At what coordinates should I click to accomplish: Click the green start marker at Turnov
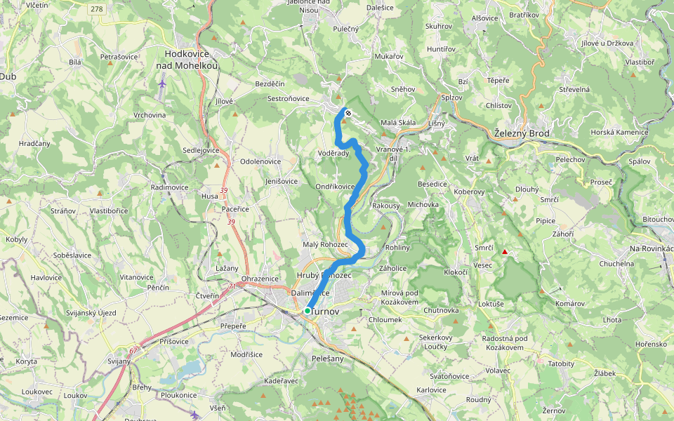pyautogui.click(x=308, y=310)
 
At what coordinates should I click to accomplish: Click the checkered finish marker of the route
pyautogui.click(x=348, y=112)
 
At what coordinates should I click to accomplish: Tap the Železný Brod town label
pyautogui.click(x=524, y=133)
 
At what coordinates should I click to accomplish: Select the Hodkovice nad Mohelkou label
pyautogui.click(x=191, y=59)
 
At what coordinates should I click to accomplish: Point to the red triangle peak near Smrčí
pyautogui.click(x=504, y=251)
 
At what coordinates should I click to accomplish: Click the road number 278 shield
pyautogui.click(x=97, y=8)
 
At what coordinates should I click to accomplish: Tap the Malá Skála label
pyautogui.click(x=398, y=123)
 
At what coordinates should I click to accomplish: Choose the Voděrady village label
pyautogui.click(x=333, y=153)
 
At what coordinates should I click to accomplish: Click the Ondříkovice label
pyautogui.click(x=334, y=187)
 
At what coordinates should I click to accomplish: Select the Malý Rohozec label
pyautogui.click(x=325, y=244)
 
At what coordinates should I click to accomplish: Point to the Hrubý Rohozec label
pyautogui.click(x=324, y=276)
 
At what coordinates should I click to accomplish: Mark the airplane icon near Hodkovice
pyautogui.click(x=163, y=84)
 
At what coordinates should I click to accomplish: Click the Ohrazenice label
pyautogui.click(x=260, y=279)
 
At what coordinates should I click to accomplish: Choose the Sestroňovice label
pyautogui.click(x=288, y=99)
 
